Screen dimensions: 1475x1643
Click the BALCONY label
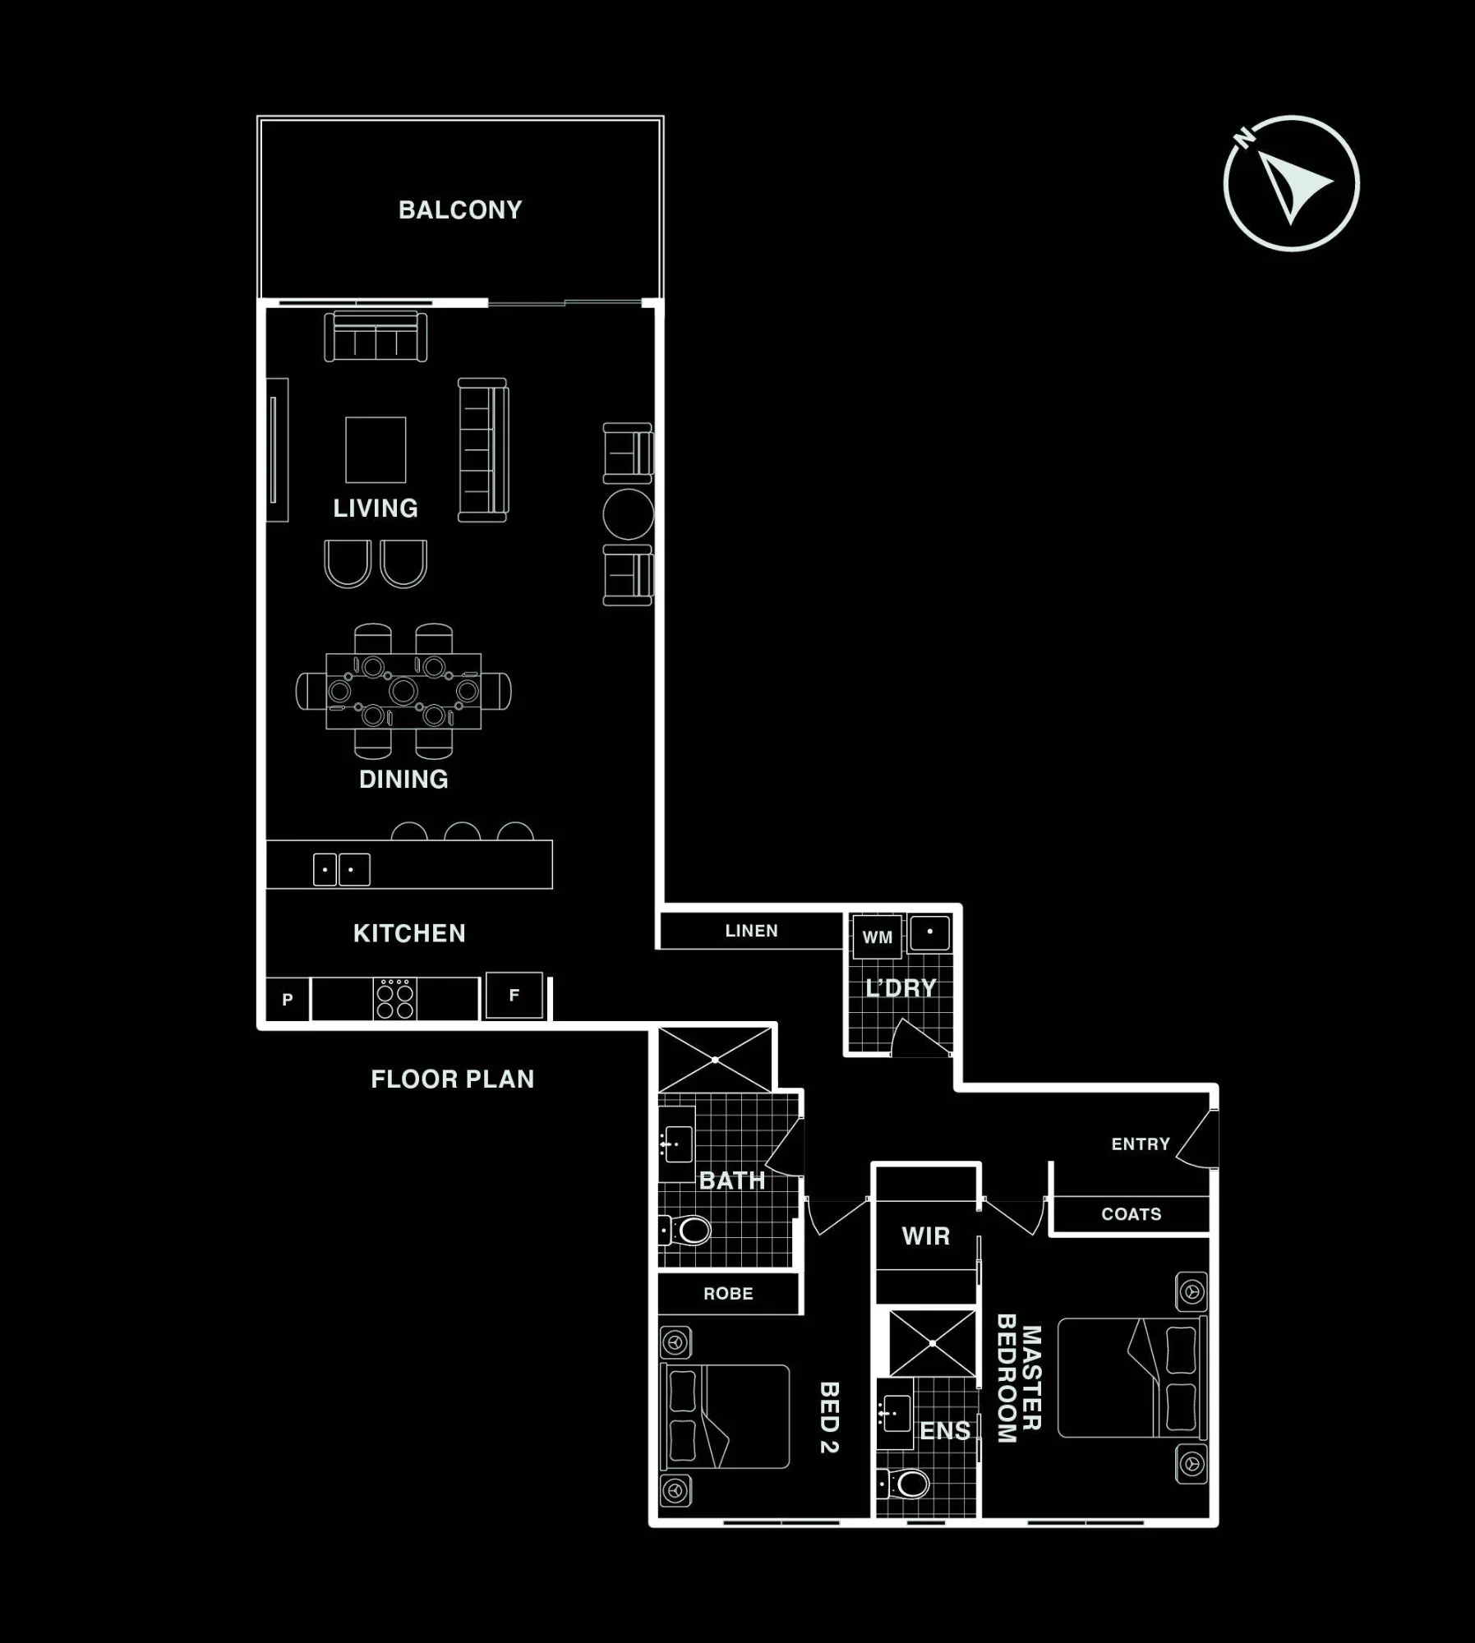[460, 210]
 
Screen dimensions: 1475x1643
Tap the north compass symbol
[1290, 183]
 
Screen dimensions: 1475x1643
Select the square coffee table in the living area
[376, 449]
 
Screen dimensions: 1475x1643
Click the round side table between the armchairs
[628, 514]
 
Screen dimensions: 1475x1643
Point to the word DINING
[403, 779]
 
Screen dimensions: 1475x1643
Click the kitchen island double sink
[341, 869]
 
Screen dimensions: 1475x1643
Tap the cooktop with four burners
[394, 999]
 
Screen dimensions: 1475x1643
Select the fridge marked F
[514, 996]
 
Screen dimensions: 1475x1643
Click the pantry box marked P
[288, 1000]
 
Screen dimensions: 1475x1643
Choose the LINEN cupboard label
[751, 931]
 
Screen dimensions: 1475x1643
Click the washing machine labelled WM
[877, 937]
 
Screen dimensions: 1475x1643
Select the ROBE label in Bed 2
[728, 1294]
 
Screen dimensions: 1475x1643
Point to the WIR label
[925, 1236]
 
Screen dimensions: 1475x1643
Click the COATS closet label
[1132, 1214]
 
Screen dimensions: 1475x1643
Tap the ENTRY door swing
[1197, 1138]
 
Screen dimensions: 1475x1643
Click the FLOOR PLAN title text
[453, 1079]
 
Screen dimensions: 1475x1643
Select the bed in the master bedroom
[1132, 1378]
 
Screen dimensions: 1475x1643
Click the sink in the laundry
[930, 933]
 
